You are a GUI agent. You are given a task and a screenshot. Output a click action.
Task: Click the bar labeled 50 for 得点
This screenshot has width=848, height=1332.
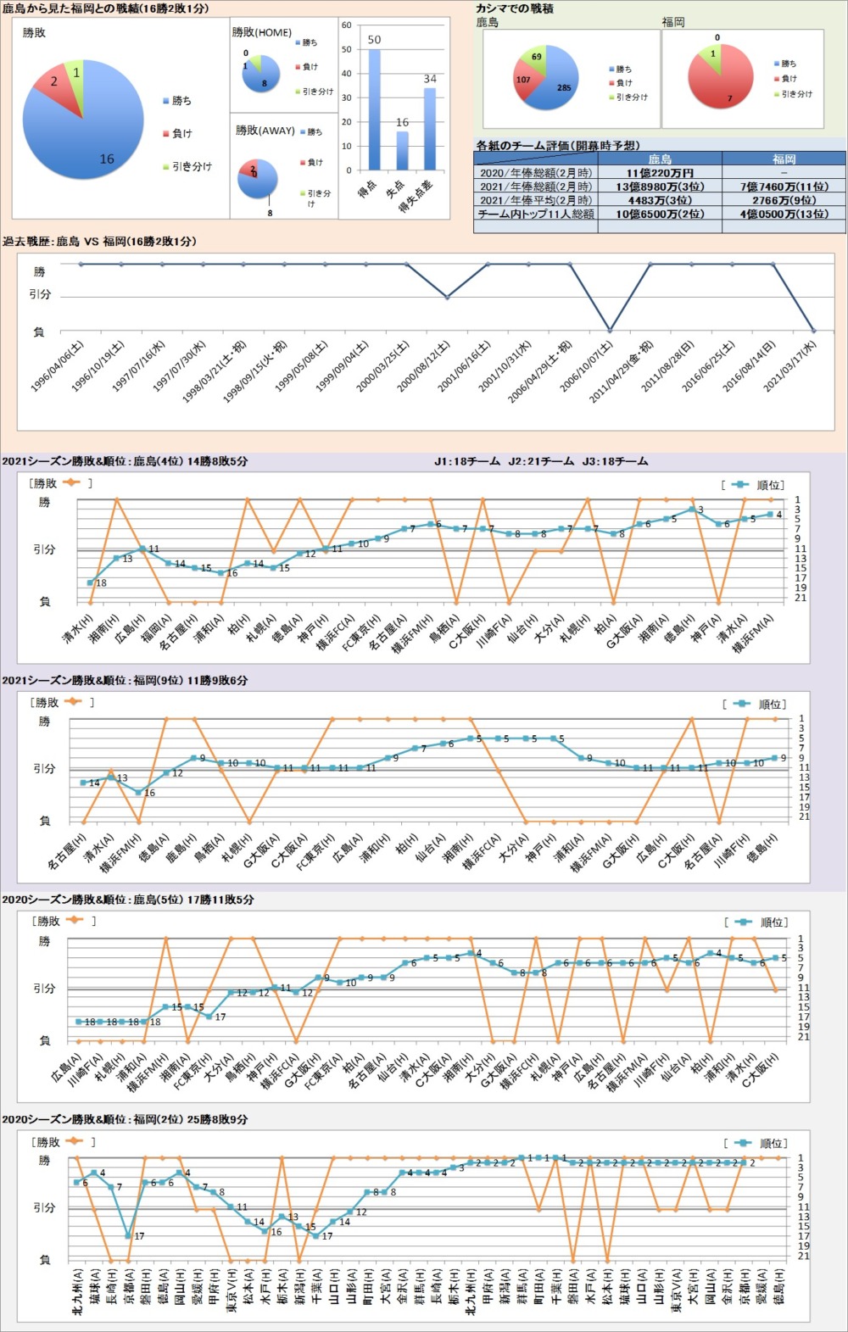pos(374,110)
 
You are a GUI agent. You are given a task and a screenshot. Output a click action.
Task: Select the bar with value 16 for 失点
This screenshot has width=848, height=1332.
pos(402,151)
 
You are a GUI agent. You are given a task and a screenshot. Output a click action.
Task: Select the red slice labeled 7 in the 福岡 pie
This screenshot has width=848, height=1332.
pos(725,89)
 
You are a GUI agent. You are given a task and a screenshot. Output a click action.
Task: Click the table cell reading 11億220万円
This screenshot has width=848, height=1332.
pos(659,173)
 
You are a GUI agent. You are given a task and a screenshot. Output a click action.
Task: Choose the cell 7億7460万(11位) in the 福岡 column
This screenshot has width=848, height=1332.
pos(784,187)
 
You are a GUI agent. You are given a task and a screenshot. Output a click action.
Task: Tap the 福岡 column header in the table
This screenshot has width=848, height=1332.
pos(784,159)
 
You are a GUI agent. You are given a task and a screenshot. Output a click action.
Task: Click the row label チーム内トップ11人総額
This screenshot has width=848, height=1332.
pos(536,215)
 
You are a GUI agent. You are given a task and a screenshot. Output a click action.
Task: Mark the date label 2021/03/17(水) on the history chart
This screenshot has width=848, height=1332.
pos(789,365)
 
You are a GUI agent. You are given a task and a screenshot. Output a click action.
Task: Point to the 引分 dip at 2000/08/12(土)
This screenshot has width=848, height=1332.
pos(447,297)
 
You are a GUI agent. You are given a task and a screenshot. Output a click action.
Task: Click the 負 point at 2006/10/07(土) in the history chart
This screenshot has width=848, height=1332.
pos(610,330)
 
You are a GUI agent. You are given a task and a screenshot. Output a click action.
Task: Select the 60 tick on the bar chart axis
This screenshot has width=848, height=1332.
pos(346,25)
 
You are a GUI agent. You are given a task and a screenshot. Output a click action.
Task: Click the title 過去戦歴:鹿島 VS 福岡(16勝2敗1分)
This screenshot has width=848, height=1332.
pos(99,242)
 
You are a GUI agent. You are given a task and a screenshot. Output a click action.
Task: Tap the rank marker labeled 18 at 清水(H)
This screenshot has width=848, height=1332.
pos(90,582)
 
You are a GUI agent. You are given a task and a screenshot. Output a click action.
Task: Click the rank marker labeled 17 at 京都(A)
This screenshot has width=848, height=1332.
pos(128,1235)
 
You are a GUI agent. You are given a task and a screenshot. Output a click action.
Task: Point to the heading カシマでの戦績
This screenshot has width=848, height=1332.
pos(515,8)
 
